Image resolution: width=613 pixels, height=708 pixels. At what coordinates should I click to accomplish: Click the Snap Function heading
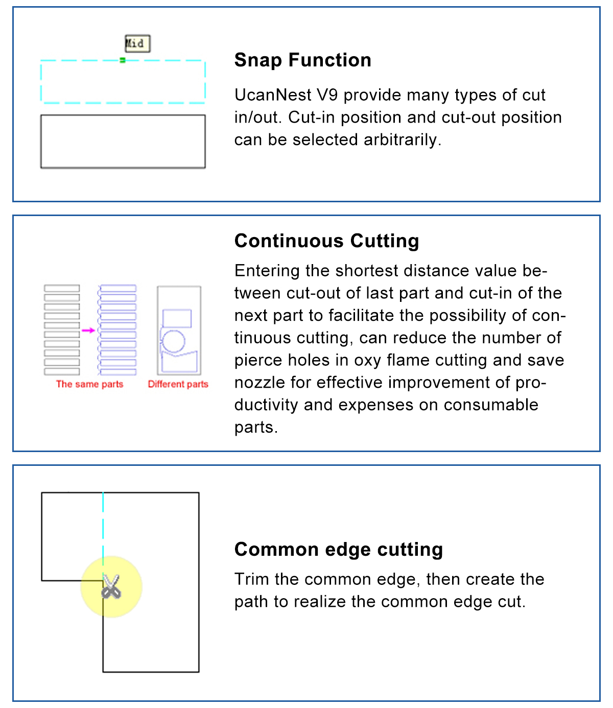302,60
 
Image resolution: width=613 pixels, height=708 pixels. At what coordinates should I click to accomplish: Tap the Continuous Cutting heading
326,241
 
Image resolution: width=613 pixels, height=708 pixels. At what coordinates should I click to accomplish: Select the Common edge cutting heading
338,550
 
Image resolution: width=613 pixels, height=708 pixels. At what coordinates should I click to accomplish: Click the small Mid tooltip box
137,43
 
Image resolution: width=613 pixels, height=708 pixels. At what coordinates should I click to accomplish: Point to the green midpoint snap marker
123,60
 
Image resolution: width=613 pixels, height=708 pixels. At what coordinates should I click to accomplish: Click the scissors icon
111,586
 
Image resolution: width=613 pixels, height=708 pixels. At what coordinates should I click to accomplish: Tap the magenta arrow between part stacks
88,331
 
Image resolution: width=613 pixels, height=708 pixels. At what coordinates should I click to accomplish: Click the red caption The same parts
90,384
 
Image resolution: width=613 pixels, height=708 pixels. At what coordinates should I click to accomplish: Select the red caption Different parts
178,384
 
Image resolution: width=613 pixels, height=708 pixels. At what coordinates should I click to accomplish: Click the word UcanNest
273,95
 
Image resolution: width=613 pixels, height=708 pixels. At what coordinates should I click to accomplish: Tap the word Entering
267,271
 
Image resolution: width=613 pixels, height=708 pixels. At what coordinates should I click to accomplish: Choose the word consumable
491,405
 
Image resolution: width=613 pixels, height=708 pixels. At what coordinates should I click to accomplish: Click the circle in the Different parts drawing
173,341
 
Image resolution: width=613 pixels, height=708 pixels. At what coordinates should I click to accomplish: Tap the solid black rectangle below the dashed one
123,141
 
